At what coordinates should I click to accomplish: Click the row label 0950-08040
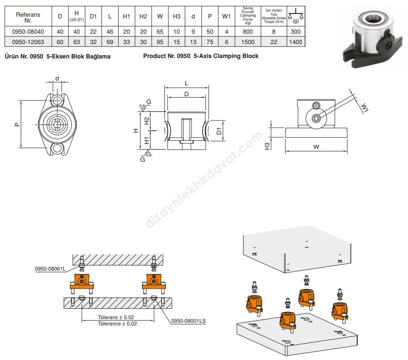28,32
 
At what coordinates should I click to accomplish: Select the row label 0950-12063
28,42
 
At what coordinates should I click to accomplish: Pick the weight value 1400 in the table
295,42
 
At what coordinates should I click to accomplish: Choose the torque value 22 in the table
274,42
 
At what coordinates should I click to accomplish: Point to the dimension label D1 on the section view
219,131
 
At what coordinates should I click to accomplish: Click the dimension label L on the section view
186,84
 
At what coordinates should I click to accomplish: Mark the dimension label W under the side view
316,147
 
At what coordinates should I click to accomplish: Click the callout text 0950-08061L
50,269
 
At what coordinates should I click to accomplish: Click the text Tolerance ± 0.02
117,324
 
